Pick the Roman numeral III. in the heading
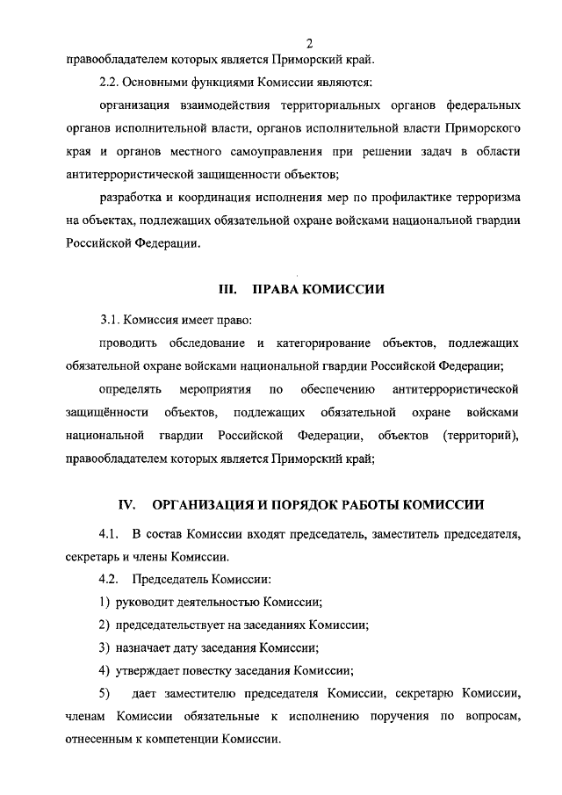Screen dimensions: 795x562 pyautogui.click(x=228, y=291)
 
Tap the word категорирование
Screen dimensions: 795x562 pyautogui.click(x=323, y=343)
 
